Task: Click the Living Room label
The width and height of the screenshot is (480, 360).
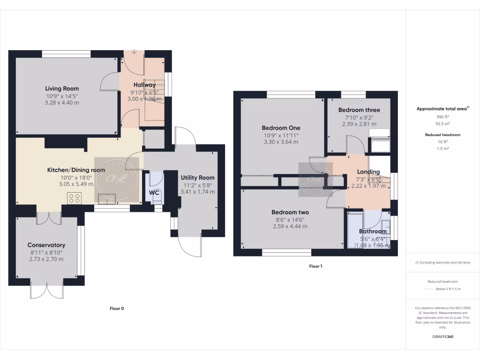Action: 62,89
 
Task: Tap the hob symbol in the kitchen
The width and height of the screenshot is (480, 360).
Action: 74,198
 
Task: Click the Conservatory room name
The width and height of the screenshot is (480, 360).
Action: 46,245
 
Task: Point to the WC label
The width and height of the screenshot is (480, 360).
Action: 154,193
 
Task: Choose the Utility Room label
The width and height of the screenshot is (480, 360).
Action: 197,178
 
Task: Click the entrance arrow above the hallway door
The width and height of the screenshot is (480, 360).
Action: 135,52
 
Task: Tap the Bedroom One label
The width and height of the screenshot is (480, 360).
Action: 281,128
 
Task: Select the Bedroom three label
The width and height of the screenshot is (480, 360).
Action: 359,110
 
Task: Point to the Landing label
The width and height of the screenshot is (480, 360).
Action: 368,172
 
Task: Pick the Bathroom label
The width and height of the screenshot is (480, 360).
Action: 373,232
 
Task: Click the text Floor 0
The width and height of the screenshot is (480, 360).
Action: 116,308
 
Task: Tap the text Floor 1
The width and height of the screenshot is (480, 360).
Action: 315,266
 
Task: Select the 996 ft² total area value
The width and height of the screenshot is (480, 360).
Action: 442,117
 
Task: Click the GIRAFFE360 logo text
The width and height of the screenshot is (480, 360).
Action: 442,337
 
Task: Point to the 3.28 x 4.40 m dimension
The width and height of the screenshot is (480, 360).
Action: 62,103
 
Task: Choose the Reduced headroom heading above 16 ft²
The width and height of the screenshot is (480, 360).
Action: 442,135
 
